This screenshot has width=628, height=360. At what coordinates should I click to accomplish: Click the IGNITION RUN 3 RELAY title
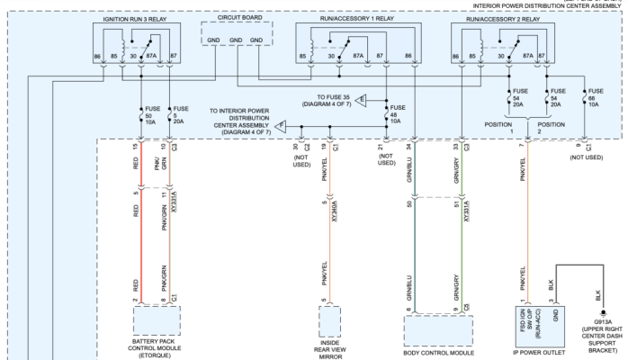coord(135,19)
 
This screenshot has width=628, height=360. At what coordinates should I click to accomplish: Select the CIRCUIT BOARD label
coord(240,18)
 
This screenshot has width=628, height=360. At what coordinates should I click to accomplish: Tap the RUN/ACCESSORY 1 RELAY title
coord(357,18)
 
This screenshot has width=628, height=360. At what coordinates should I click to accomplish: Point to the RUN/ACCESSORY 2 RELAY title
coord(503,19)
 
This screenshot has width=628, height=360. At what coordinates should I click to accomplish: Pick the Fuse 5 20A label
coord(181,115)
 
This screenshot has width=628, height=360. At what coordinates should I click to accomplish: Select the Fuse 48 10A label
coord(398,114)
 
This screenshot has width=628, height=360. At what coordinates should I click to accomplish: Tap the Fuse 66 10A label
coord(596,98)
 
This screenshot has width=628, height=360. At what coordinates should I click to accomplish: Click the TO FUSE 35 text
coord(333,97)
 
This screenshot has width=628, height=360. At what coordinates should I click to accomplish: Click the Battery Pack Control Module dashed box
coord(157,320)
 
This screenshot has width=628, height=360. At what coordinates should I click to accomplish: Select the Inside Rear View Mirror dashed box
coord(329,321)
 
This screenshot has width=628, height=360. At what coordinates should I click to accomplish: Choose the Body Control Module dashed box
coord(438,331)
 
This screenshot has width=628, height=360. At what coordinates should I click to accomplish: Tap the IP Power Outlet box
coord(540,327)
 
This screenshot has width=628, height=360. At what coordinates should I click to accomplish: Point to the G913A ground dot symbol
coord(603,313)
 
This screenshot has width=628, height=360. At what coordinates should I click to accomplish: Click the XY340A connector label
coord(335,211)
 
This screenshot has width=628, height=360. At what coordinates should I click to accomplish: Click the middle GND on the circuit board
coord(236,40)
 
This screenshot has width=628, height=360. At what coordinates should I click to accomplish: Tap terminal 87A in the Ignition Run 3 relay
coord(151,56)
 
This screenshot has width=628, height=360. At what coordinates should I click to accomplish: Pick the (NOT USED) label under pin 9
coord(587,157)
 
